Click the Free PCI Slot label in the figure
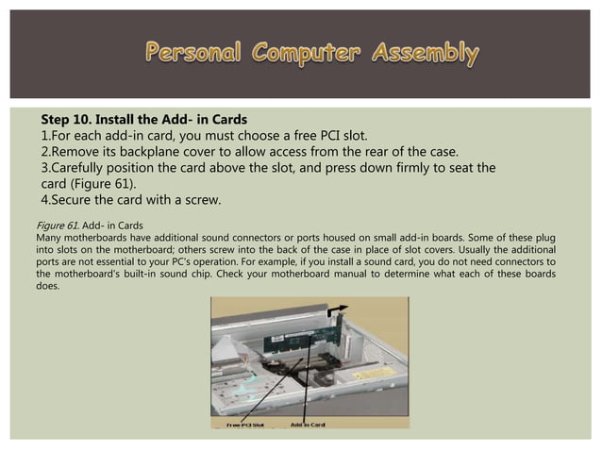point(245,426)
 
